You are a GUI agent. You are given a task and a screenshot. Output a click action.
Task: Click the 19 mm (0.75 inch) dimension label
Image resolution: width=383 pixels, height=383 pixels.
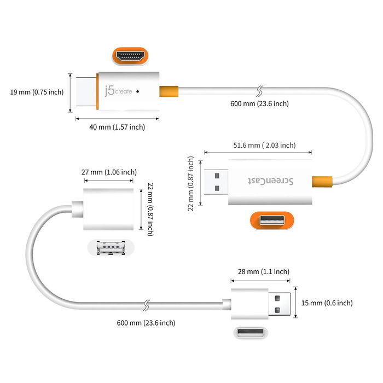pos(37,92)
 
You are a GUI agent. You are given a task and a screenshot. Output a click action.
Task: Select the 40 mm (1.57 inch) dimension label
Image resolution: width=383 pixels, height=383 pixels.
pos(118,127)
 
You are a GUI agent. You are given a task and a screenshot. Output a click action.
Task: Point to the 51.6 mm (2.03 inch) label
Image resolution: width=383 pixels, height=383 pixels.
pos(264,145)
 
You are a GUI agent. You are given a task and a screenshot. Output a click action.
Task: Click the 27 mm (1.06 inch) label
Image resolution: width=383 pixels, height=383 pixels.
pos(109,172)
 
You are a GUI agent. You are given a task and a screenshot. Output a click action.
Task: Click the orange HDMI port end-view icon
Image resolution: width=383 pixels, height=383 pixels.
pos(131,56)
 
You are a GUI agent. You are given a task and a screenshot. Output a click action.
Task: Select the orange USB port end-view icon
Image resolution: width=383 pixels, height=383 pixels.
pos(271,221)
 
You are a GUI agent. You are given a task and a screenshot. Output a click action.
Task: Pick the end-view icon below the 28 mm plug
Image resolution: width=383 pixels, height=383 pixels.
pos(252,333)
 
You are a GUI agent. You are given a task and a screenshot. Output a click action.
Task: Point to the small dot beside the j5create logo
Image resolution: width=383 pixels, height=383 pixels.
pos(137,92)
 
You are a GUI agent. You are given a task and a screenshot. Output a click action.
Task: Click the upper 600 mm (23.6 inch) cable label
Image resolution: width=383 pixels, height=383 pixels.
pos(260,103)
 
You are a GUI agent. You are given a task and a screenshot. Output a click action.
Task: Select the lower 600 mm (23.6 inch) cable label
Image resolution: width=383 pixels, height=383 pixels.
pos(146,323)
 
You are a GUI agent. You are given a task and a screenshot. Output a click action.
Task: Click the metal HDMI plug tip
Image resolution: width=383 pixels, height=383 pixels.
pos(85,92)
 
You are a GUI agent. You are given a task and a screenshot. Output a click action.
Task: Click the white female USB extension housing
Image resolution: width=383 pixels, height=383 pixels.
pos(108,210)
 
